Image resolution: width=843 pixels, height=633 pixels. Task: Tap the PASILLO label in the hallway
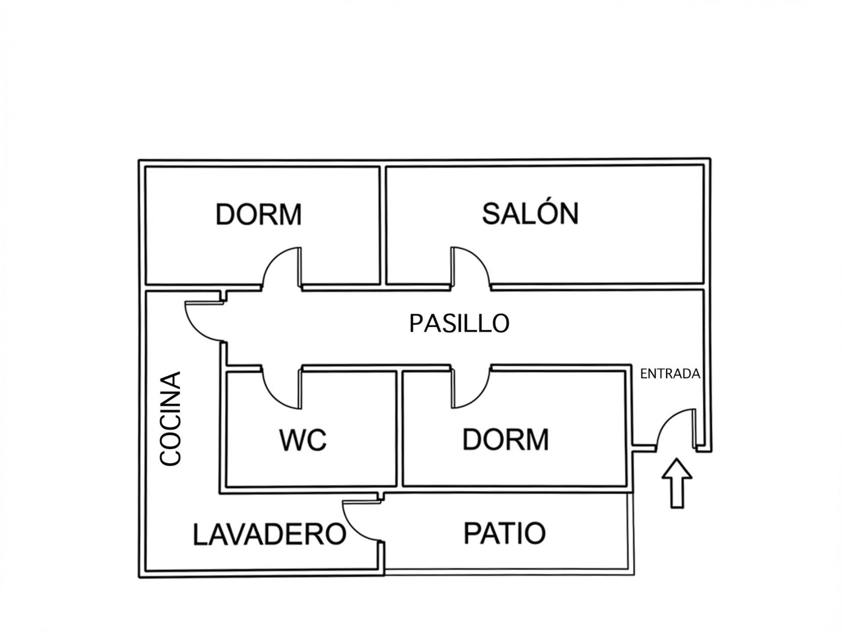[x=459, y=324]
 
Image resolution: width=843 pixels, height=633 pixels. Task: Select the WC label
[x=303, y=440]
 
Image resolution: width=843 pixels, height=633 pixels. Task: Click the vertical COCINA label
[x=170, y=418]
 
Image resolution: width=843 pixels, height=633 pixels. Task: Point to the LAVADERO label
[x=269, y=534]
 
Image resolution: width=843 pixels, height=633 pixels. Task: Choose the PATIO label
[x=504, y=533]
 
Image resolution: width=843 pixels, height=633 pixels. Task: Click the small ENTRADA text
[x=670, y=374]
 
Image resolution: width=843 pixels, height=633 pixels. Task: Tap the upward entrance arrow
[x=677, y=484]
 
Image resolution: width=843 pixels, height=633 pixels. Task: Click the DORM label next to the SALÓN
[x=259, y=214]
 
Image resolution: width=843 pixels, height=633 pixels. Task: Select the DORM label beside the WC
[x=505, y=439]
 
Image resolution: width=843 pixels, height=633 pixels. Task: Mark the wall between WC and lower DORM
[x=400, y=428]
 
